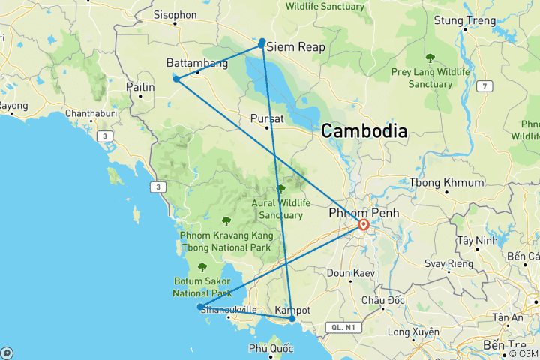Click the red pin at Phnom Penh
point(364,224)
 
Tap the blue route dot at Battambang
point(176,79)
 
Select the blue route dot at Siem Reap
point(262,43)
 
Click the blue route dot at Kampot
point(292,319)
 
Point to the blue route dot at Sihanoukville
point(199,307)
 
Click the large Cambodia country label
point(364,131)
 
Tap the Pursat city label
point(267,118)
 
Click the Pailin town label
point(141,88)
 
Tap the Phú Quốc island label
point(271,348)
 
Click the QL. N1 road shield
point(343,327)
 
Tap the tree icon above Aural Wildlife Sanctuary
point(281,189)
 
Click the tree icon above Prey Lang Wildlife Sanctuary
point(430,58)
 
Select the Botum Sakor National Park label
point(201,286)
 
